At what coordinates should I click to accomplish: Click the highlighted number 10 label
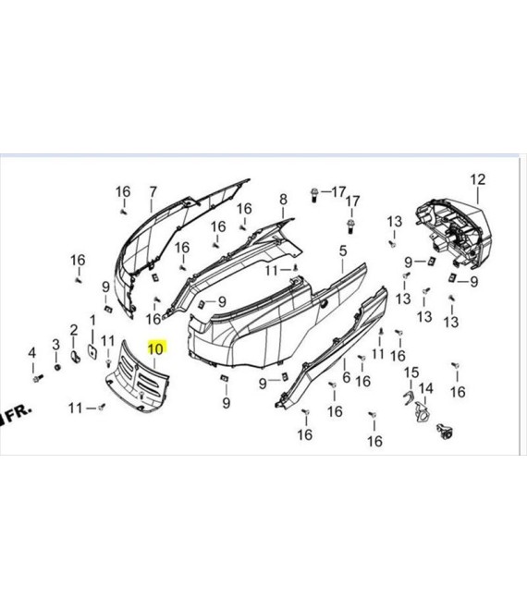pos(156,348)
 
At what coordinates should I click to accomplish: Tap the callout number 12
pos(478,179)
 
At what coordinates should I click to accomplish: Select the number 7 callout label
pos(153,192)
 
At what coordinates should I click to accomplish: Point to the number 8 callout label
pos(283,200)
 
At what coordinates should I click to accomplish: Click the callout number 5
pos(342,250)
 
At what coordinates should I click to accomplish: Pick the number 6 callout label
pos(346,376)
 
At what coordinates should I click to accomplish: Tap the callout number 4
pos(32,353)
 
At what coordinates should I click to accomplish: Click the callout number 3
pos(56,345)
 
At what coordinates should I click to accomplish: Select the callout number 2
pos(74,330)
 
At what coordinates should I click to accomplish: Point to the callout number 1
pos(92,321)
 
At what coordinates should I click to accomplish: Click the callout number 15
pos(411,372)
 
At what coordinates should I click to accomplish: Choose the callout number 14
pos(425,388)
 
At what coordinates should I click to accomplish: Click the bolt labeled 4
pos(38,378)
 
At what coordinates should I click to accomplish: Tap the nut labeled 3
pos(57,367)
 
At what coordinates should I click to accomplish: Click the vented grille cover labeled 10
pos(137,376)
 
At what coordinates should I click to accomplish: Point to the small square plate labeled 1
pos(92,351)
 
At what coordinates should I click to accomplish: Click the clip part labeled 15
pos(408,398)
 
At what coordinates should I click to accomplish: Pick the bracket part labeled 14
pos(422,412)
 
